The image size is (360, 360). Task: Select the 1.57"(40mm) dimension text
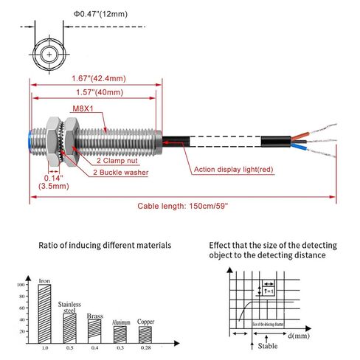97,93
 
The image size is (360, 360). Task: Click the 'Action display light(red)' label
233,170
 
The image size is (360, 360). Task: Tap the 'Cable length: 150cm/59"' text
182,205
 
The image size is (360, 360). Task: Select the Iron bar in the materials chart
45,311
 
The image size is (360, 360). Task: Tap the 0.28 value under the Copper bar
145,347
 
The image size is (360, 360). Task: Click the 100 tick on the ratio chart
30,284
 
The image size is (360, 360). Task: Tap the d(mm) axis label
299,336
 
